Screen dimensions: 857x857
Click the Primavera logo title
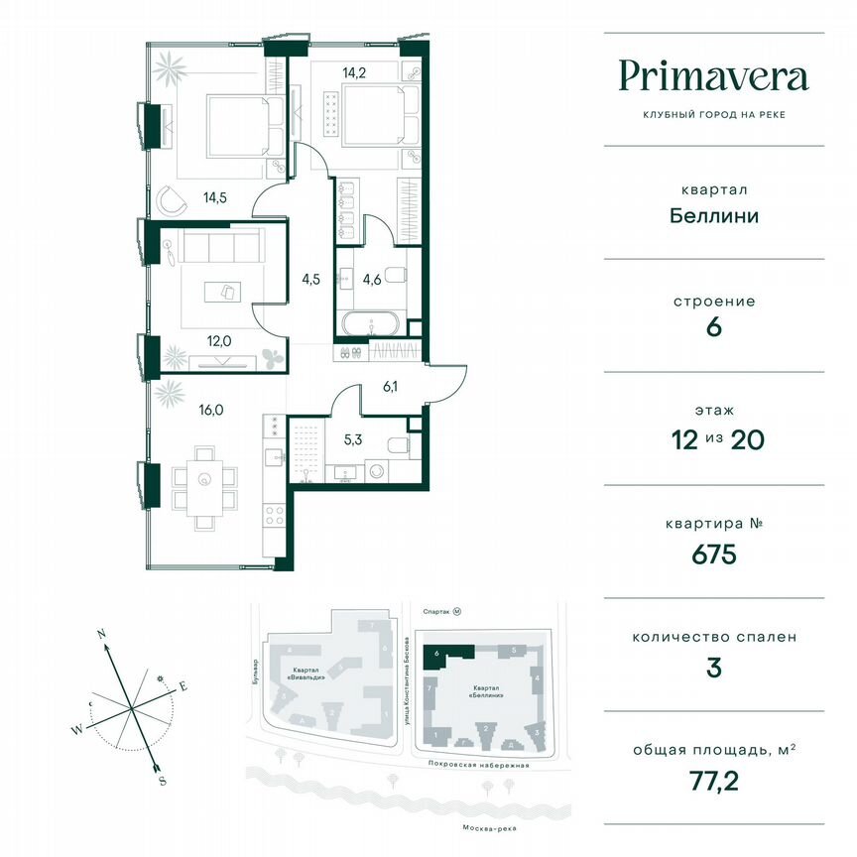[713, 76]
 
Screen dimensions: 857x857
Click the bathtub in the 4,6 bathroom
[370, 322]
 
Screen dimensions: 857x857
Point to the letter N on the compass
[101, 632]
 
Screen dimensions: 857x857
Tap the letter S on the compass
[161, 781]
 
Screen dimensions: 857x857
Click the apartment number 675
[713, 554]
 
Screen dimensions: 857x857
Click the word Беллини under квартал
[713, 215]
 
